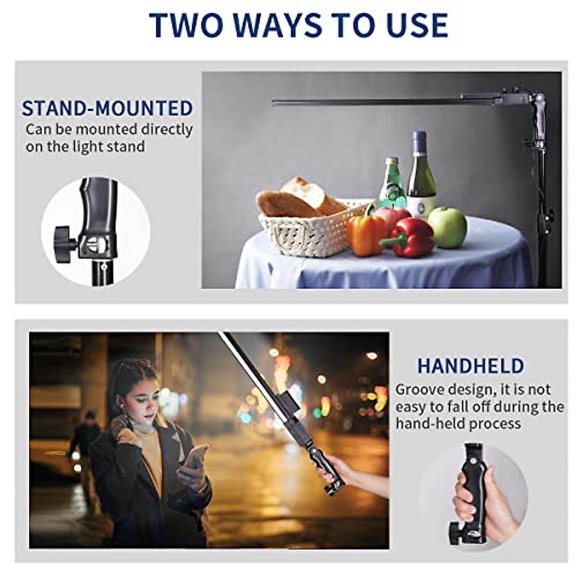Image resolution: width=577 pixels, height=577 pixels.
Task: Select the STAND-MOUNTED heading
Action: (107, 109)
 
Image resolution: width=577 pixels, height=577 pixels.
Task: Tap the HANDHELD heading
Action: (470, 366)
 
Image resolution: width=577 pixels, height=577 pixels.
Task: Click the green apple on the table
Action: (447, 227)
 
